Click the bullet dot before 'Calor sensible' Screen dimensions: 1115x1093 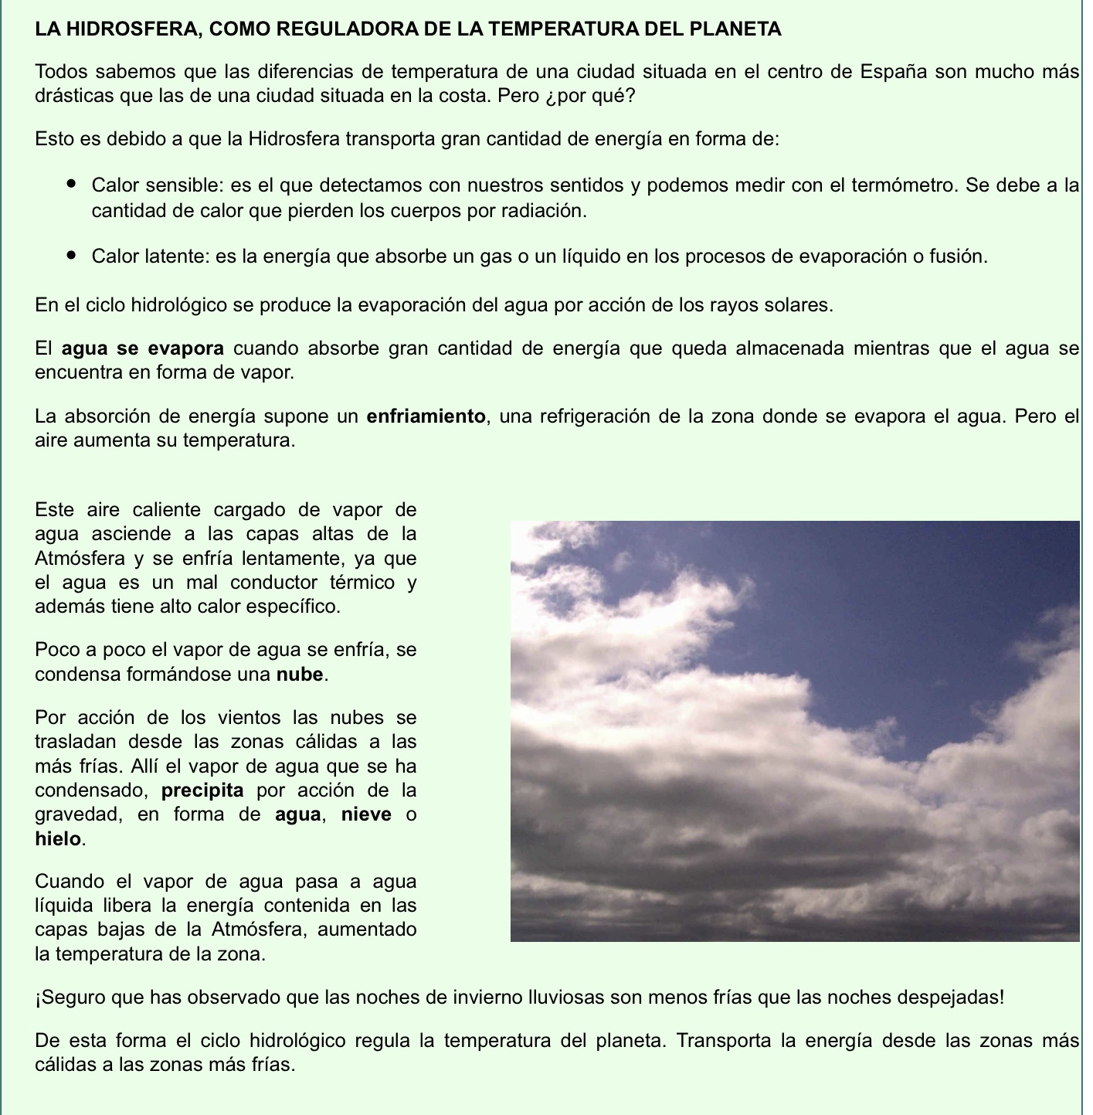click(x=72, y=185)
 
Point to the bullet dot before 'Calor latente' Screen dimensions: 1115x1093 click(x=72, y=255)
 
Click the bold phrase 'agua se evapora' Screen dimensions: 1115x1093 click(x=143, y=348)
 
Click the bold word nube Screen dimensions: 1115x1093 click(x=300, y=674)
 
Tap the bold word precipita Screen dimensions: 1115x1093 click(x=203, y=790)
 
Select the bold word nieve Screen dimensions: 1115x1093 click(x=366, y=814)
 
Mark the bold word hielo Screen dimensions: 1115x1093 click(x=58, y=838)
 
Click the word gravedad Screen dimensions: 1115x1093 click(x=74, y=814)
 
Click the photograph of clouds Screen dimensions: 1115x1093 click(x=794, y=731)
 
